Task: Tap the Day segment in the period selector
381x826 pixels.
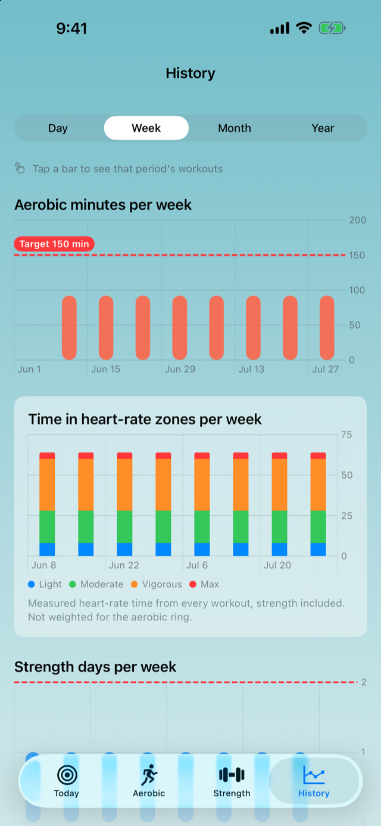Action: [x=58, y=128]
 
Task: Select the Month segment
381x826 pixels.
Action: [x=235, y=128]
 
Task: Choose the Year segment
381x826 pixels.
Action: [x=323, y=128]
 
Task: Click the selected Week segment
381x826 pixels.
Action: [x=146, y=128]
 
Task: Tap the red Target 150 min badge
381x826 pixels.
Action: [x=54, y=244]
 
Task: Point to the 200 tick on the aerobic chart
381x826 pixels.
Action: [x=357, y=220]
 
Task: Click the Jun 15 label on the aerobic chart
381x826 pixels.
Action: [x=106, y=369]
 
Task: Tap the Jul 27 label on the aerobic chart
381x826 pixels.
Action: [x=325, y=369]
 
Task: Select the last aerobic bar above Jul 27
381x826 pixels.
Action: [x=327, y=327]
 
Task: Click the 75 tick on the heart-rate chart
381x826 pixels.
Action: [x=346, y=435]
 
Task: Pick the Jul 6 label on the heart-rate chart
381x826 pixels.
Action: [x=197, y=565]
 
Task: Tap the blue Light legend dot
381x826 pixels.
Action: [x=32, y=584]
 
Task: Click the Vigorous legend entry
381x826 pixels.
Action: [x=157, y=584]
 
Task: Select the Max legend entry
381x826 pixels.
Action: [x=204, y=584]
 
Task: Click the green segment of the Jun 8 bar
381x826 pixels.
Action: [x=47, y=527]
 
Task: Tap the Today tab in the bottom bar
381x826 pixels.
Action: [x=67, y=781]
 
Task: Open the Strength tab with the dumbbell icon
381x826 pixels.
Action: [x=232, y=781]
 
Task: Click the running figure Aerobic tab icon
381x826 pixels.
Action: [x=149, y=774]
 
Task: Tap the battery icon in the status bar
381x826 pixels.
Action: [x=332, y=28]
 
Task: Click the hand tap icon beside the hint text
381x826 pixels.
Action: [x=20, y=168]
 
